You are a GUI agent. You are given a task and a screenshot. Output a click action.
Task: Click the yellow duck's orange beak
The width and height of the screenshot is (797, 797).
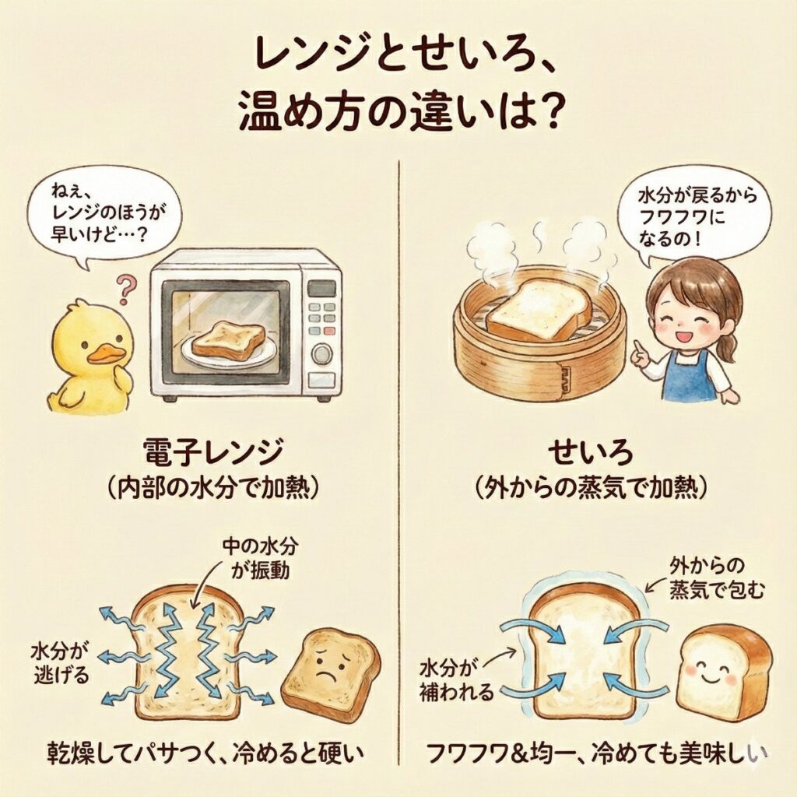pyautogui.click(x=107, y=354)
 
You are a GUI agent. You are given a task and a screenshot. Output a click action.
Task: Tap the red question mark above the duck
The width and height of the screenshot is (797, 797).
pyautogui.click(x=125, y=290)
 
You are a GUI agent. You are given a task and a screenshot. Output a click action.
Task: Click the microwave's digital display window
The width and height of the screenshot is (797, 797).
pyautogui.click(x=321, y=289)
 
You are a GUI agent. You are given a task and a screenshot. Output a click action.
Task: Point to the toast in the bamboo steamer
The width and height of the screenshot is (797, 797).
pyautogui.click(x=539, y=311)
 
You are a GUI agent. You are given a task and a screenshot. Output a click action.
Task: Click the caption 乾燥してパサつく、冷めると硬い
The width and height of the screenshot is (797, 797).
pyautogui.click(x=205, y=753)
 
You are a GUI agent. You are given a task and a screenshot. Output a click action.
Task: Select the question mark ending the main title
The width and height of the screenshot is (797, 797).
pyautogui.click(x=545, y=113)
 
